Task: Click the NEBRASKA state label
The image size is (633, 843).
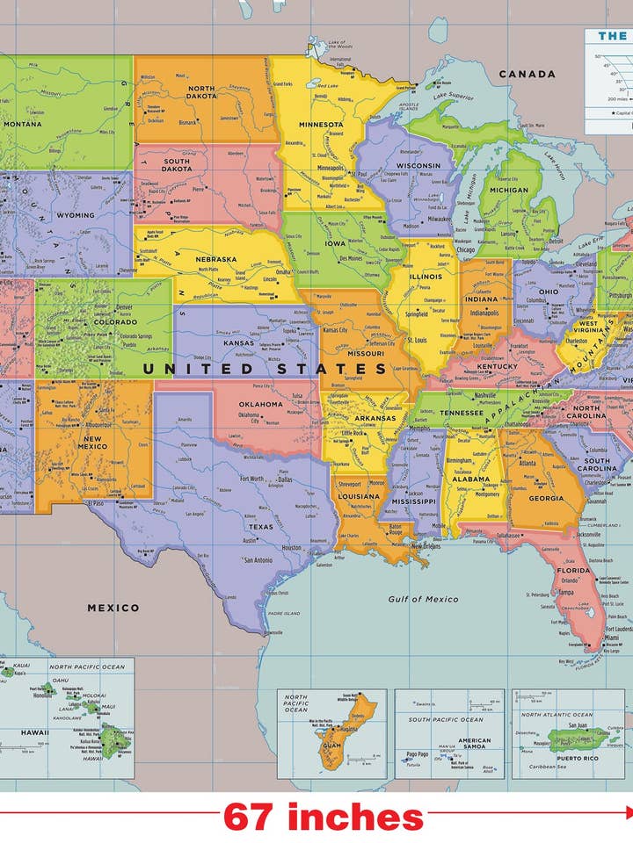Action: click(216, 259)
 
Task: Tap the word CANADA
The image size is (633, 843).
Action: click(527, 74)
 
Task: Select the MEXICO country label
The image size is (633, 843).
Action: click(113, 607)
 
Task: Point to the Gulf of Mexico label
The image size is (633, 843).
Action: click(423, 599)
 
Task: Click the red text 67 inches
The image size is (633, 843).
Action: click(323, 817)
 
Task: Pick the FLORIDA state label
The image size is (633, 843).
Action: click(572, 570)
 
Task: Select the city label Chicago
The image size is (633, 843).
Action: click(466, 249)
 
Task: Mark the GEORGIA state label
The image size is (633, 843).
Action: click(546, 498)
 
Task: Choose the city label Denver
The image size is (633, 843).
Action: click(125, 308)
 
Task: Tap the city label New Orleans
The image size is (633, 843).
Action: click(426, 546)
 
